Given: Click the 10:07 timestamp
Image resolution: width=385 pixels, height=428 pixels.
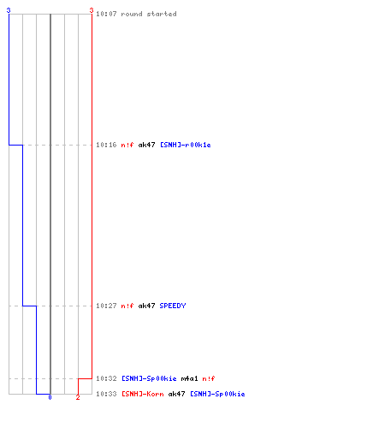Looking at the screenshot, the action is pyautogui.click(x=106, y=14).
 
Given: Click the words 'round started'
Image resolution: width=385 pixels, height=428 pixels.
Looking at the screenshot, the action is pyautogui.click(x=149, y=14).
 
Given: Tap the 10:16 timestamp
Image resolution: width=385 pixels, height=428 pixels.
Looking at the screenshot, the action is pyautogui.click(x=106, y=145).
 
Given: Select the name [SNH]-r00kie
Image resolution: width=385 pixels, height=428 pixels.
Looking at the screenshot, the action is pyautogui.click(x=186, y=145).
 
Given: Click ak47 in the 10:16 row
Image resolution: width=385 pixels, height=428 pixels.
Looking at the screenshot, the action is pyautogui.click(x=146, y=145).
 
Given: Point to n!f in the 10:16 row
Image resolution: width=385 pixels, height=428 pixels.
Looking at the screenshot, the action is pyautogui.click(x=127, y=145).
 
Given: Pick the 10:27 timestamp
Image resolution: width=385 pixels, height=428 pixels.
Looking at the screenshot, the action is pyautogui.click(x=106, y=306).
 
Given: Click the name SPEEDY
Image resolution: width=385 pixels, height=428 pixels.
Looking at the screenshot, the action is pyautogui.click(x=173, y=306).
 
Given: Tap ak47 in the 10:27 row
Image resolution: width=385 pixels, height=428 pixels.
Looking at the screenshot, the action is pyautogui.click(x=146, y=306).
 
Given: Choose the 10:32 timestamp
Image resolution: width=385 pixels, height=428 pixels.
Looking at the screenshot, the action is pyautogui.click(x=106, y=378).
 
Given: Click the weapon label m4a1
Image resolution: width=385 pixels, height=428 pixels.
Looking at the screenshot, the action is pyautogui.click(x=189, y=378).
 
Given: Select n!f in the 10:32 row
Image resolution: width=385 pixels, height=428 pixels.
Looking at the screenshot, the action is pyautogui.click(x=209, y=378).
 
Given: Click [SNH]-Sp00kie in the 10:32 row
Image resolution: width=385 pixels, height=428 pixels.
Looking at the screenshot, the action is pyautogui.click(x=149, y=378).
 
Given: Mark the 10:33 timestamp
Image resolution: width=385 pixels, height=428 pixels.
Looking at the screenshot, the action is pyautogui.click(x=106, y=394).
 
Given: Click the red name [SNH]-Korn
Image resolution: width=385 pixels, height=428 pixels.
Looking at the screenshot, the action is pyautogui.click(x=143, y=394).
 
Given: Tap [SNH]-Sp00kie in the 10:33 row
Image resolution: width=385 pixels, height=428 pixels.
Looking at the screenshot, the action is pyautogui.click(x=217, y=394).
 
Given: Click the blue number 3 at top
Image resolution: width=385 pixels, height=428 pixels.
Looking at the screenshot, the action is pyautogui.click(x=9, y=10).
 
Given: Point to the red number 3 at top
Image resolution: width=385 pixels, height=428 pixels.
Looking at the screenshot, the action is pyautogui.click(x=92, y=10).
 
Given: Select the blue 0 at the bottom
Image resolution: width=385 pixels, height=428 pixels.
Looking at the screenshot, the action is pyautogui.click(x=50, y=397).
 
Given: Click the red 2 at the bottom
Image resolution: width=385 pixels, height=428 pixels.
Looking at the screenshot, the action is pyautogui.click(x=78, y=397).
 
